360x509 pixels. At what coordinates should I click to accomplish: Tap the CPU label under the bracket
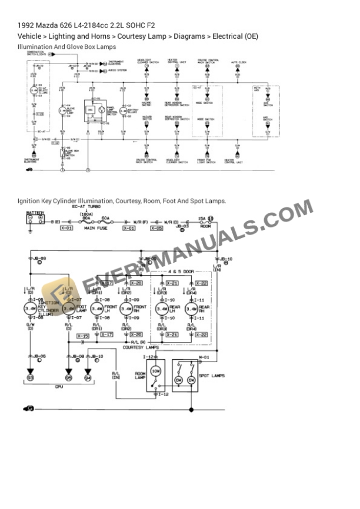tap(58, 387)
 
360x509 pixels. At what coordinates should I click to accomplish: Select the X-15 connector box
tap(82, 336)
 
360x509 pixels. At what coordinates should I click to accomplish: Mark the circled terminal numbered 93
tap(31, 377)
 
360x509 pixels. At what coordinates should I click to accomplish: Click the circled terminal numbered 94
tap(88, 377)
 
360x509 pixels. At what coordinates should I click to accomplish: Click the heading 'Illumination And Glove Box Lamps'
tap(67, 46)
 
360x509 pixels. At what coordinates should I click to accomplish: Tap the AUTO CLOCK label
tap(238, 62)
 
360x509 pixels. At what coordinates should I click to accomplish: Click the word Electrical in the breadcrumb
tap(228, 36)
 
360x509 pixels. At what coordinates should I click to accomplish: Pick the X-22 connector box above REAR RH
tap(201, 283)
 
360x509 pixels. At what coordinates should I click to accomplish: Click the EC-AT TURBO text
tap(86, 207)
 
